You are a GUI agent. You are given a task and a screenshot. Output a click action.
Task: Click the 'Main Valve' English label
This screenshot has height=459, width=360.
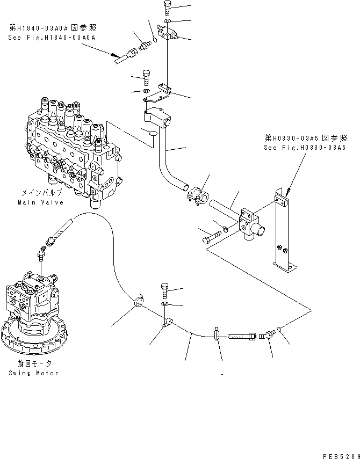[40, 202]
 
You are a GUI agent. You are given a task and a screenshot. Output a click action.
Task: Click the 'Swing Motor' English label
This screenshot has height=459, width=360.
[33, 373]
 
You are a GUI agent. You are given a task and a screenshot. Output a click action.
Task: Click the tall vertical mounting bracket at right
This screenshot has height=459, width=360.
[282, 231]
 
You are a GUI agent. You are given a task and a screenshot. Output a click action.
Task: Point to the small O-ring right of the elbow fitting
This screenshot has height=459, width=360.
[280, 329]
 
